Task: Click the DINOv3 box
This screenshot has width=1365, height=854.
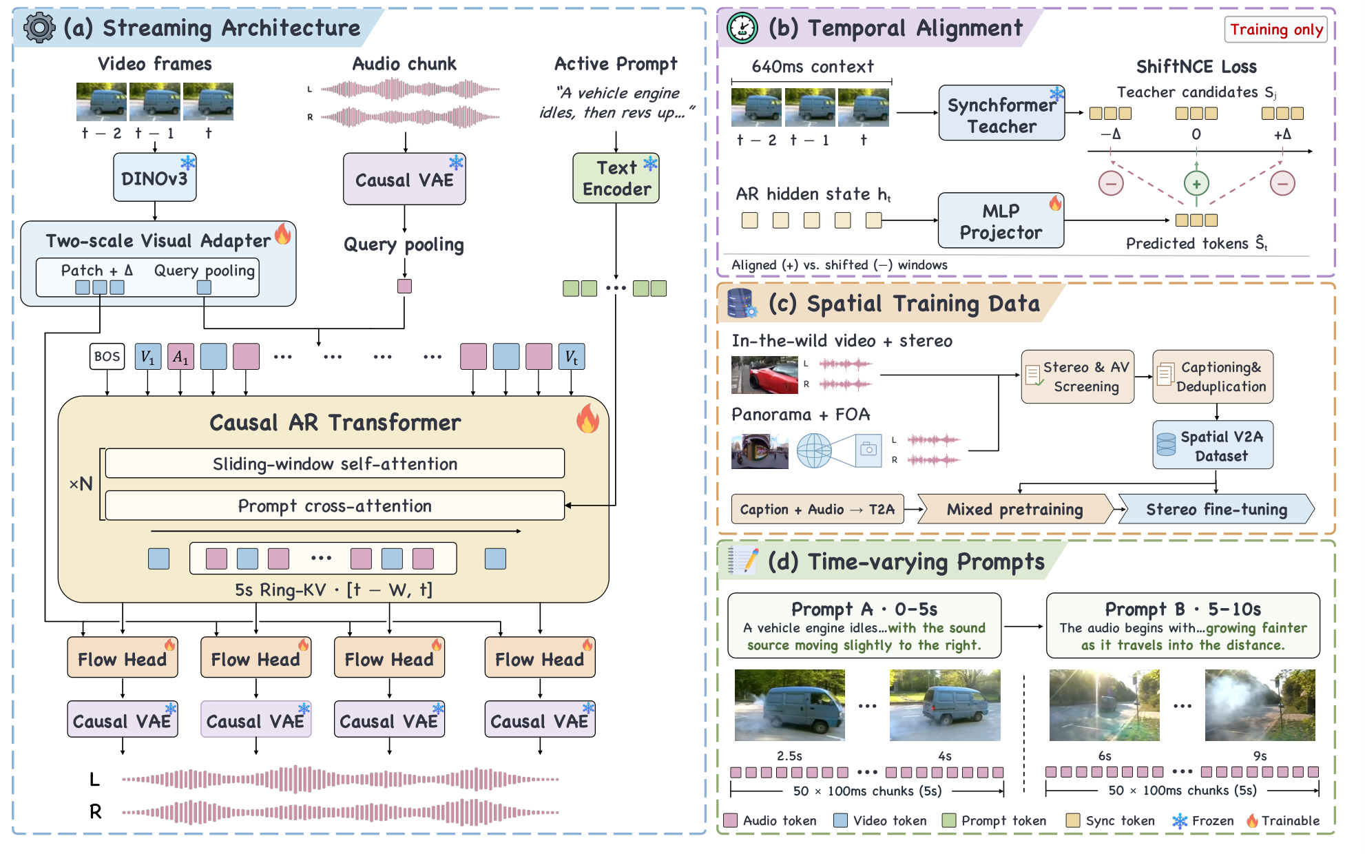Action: (x=155, y=178)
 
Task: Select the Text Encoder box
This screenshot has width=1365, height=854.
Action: (x=616, y=178)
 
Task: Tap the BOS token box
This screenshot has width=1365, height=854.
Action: (x=107, y=357)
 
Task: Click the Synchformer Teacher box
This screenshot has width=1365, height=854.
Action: (x=1002, y=113)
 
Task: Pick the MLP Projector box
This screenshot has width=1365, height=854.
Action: (x=1001, y=220)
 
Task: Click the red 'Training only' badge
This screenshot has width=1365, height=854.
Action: (x=1276, y=30)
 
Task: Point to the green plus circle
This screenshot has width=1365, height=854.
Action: (x=1196, y=184)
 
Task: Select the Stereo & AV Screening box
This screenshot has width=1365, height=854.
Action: (x=1078, y=377)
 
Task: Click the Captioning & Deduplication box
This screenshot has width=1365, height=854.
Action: (x=1213, y=377)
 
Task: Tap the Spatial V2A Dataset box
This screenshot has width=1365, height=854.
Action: (x=1213, y=446)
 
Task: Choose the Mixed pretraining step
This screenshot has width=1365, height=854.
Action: (x=1015, y=510)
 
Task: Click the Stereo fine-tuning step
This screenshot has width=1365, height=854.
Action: (x=1216, y=510)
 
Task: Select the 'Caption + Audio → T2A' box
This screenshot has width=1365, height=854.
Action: (x=817, y=510)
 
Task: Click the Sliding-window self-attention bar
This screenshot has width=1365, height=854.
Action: (x=335, y=464)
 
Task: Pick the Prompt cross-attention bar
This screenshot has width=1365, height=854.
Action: (x=335, y=506)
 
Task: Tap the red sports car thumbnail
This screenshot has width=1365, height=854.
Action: (x=764, y=375)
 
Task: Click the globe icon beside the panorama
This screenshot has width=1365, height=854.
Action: (x=814, y=451)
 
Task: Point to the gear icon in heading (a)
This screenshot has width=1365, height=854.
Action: (x=39, y=28)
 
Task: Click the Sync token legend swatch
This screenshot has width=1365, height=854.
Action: (x=1072, y=820)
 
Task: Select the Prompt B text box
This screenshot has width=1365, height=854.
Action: (x=1182, y=626)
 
